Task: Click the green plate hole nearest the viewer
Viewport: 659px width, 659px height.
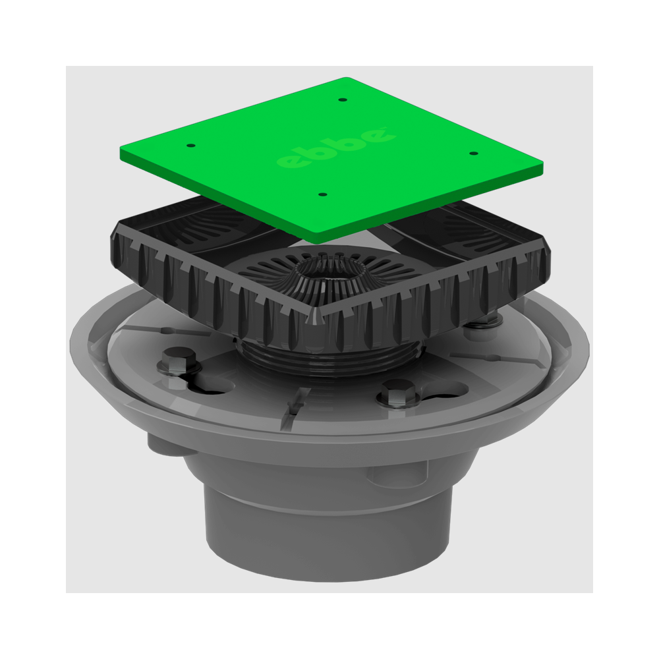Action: [322, 195]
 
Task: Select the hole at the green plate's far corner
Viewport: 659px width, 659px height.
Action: [341, 100]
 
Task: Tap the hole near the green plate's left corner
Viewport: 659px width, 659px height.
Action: [189, 145]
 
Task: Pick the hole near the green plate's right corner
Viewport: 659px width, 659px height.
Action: [473, 154]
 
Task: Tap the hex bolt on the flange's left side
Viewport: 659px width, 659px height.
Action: [178, 361]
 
